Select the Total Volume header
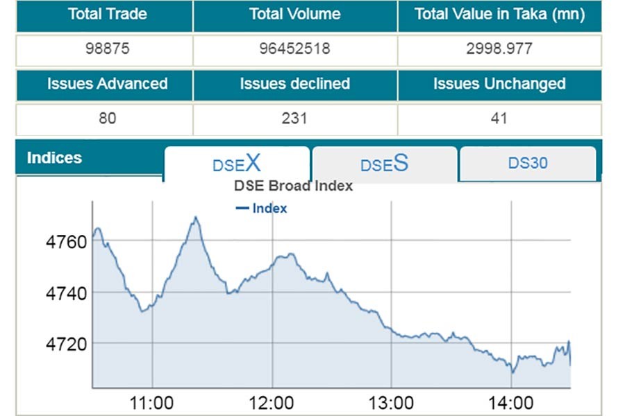tap(295, 14)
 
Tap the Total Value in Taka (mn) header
tap(499, 14)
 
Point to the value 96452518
tap(295, 49)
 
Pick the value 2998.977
tap(499, 49)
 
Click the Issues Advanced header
tap(107, 85)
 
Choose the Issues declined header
tap(295, 85)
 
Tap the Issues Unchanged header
tap(499, 85)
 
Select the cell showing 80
tap(107, 119)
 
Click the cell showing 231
tap(295, 119)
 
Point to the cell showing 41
tap(499, 119)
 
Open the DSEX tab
tap(237, 164)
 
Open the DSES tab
tap(384, 164)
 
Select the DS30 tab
tap(528, 163)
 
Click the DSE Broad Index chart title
tap(293, 186)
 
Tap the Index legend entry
tap(262, 208)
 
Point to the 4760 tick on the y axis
tap(66, 243)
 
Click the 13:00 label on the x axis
tap(392, 403)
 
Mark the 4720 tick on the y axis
tap(66, 344)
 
